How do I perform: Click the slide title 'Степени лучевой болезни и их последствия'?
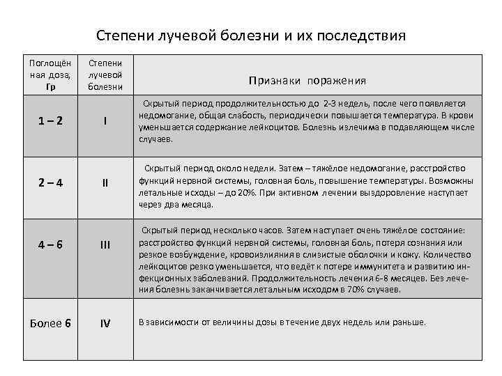click(250, 35)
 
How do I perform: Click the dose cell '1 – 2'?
click(50, 120)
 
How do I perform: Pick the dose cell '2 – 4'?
click(50, 183)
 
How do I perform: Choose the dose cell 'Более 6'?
click(50, 322)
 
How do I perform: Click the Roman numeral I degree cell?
click(105, 120)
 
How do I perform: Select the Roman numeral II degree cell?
click(105, 183)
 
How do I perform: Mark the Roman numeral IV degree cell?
click(105, 322)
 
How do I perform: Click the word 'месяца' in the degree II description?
click(197, 205)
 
